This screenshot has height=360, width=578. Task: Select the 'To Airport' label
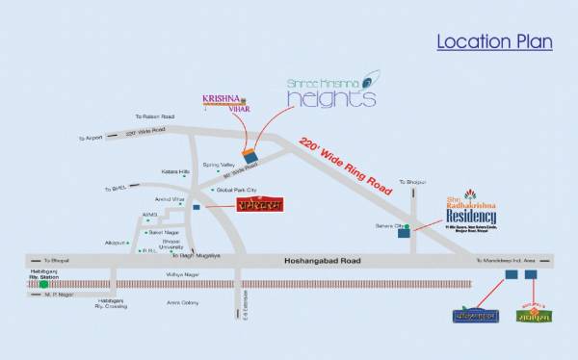[90, 138]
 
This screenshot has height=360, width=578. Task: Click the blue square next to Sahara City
[403, 234]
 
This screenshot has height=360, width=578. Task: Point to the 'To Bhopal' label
[56, 261]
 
